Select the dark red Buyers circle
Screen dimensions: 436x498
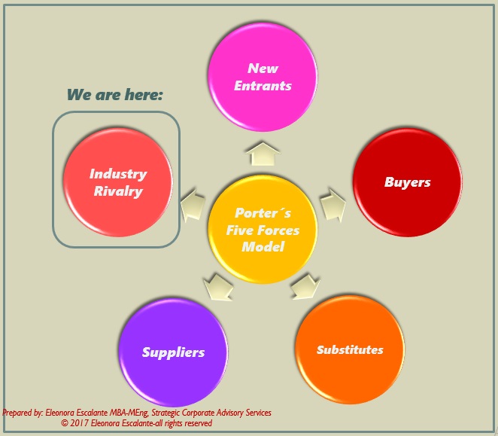[407, 182]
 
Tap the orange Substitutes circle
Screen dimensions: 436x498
[350, 350]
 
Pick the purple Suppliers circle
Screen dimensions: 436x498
[173, 352]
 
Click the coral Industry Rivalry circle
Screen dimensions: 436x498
[118, 182]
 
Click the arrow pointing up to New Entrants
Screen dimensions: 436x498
[263, 153]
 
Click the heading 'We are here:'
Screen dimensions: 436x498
[115, 95]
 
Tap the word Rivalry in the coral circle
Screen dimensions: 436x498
[118, 191]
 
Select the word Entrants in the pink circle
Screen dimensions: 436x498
[263, 86]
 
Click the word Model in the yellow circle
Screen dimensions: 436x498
[263, 247]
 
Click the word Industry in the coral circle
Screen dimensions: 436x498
[118, 174]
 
